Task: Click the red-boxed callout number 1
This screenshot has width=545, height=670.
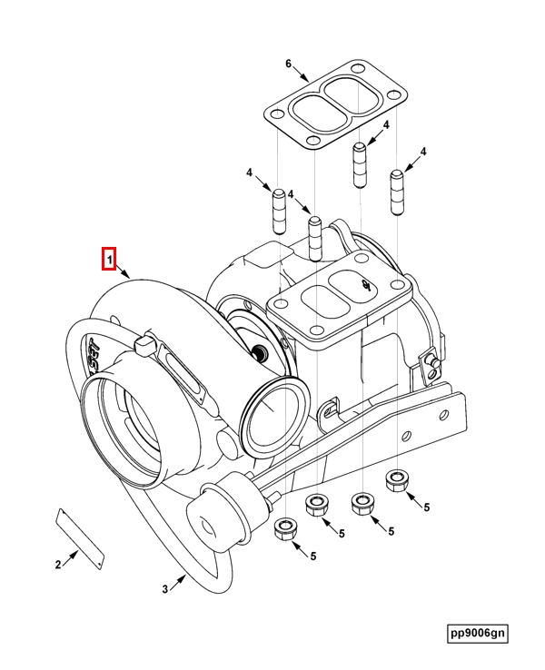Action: pos(108,261)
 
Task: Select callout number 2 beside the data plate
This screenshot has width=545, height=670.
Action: pos(58,565)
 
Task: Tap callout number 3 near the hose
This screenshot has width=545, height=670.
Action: pos(165,588)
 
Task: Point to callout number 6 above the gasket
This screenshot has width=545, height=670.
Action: pos(288,64)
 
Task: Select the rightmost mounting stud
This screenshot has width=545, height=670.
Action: pos(397,192)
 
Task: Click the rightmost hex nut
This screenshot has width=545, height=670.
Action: pos(397,479)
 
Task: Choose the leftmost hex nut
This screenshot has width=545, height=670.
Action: pos(284,528)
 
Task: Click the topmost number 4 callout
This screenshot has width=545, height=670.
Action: pos(385,124)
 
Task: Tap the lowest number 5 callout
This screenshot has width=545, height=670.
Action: pos(313,556)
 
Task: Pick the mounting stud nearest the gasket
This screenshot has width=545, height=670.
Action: pos(360,164)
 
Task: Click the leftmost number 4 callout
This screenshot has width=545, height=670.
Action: pos(249,172)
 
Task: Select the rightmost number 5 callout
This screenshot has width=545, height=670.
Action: pos(425,508)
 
